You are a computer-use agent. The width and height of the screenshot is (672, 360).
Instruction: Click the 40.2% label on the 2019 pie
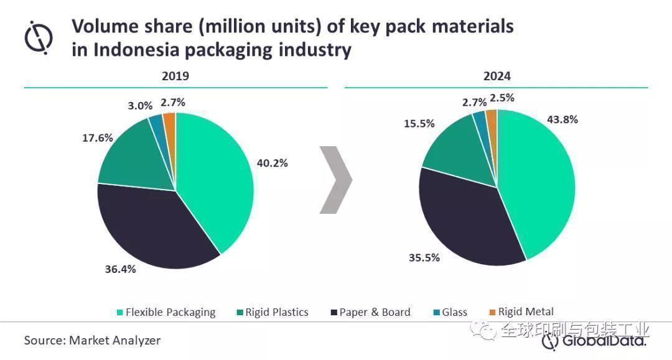272,164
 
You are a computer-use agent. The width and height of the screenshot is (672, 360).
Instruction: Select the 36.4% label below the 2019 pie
120,269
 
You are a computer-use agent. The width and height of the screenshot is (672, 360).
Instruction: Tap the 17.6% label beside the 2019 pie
98,138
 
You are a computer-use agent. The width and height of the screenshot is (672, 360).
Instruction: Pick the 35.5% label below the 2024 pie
424,257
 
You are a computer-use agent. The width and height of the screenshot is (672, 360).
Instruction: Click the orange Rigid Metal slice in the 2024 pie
492,118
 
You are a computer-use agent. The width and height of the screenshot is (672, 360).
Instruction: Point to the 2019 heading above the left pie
175,76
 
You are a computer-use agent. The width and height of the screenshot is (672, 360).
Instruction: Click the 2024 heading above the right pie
497,76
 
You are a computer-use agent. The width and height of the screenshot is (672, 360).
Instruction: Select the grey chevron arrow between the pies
335,180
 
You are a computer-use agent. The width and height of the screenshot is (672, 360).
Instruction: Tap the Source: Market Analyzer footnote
92,341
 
